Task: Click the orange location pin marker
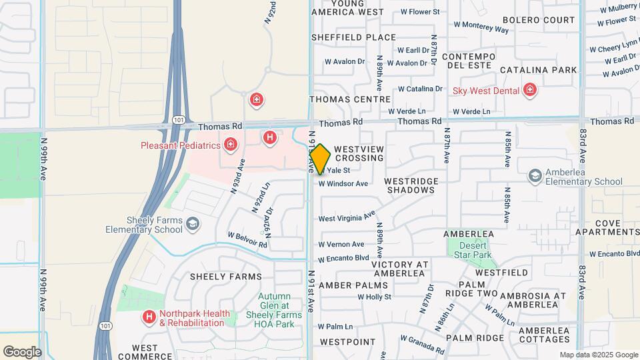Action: (320, 159)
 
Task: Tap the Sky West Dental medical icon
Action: (530, 90)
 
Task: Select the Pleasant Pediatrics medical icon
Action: (231, 144)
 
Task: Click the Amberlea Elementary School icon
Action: (535, 175)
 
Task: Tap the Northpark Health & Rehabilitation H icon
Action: (149, 316)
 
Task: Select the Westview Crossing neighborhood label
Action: (359, 153)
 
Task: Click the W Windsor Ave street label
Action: (343, 184)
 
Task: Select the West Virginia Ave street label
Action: (347, 217)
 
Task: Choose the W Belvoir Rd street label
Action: (247, 239)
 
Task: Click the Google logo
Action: (22, 351)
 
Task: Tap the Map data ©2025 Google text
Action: (598, 355)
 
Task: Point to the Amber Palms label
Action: (343, 285)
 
